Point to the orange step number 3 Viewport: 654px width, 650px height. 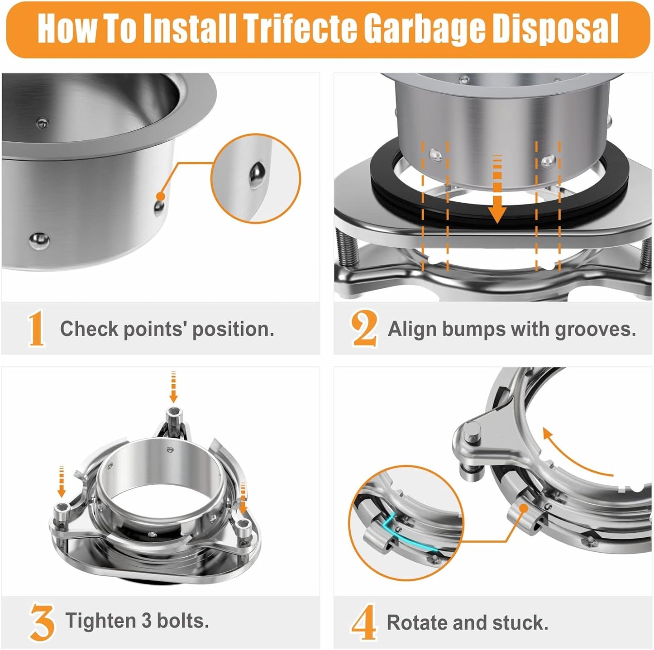tap(42, 621)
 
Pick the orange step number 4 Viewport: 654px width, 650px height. tap(364, 622)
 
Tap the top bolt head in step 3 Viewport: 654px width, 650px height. tap(173, 413)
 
